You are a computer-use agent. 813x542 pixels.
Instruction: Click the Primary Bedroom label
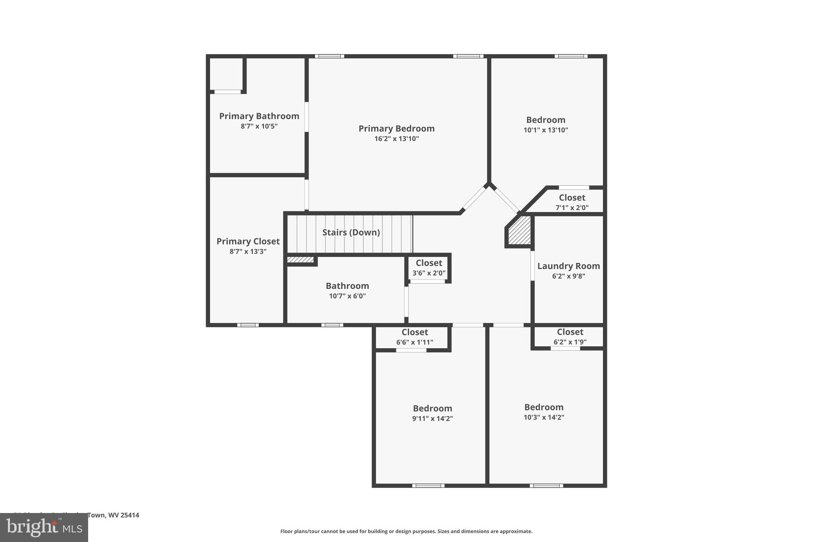[396, 129]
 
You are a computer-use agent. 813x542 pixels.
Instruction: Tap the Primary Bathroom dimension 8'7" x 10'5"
[259, 126]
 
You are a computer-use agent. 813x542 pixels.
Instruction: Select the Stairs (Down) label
[351, 232]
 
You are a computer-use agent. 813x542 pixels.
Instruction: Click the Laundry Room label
[568, 266]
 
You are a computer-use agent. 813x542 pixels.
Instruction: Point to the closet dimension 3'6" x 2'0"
[429, 273]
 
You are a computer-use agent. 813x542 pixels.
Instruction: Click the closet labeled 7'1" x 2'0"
[572, 202]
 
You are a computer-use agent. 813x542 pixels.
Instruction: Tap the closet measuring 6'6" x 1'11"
[414, 337]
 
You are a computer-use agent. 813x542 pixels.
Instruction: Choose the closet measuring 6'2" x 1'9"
[570, 336]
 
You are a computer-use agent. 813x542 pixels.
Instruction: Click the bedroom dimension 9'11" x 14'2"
[432, 419]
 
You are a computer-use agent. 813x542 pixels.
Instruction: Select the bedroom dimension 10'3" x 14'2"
[543, 417]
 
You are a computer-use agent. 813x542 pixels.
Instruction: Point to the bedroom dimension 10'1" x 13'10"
[545, 130]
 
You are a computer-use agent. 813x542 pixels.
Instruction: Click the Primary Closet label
[248, 241]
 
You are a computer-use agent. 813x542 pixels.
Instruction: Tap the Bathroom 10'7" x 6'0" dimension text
[347, 296]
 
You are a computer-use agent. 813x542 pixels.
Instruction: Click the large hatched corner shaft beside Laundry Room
[519, 231]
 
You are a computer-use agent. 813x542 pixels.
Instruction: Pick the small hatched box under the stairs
[300, 260]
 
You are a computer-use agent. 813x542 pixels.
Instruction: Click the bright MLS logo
[44, 527]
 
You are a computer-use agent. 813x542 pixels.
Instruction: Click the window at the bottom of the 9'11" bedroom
[428, 485]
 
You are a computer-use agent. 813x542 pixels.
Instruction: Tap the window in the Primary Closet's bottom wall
[248, 325]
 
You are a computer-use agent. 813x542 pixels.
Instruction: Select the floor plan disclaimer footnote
[406, 531]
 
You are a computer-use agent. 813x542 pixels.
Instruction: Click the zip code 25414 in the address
[130, 515]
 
